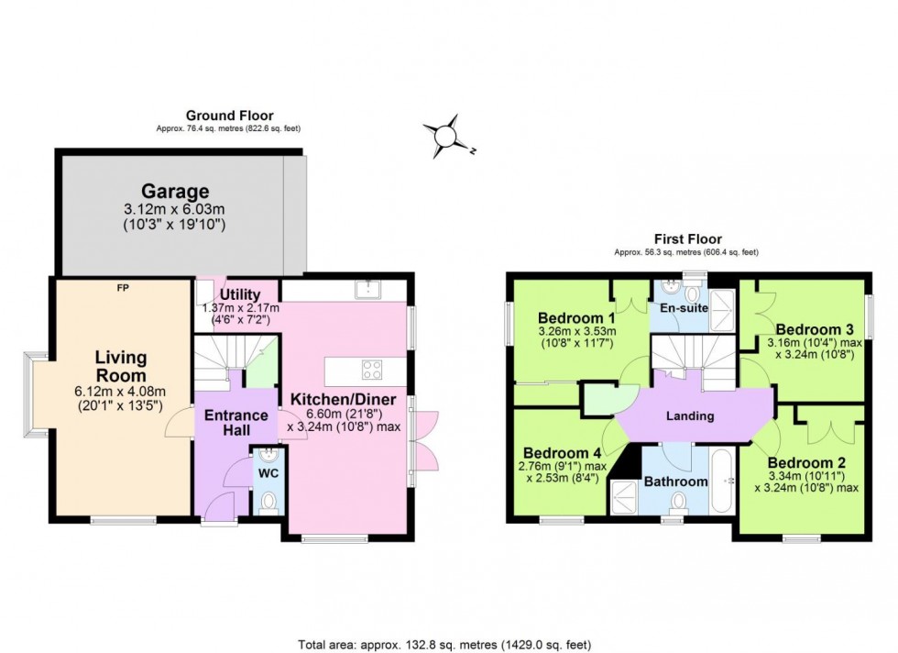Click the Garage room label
(174, 192)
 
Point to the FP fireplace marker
(122, 288)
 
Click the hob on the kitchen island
(372, 371)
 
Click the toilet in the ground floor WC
(268, 501)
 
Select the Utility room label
(240, 294)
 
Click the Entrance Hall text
(235, 423)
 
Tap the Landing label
(689, 415)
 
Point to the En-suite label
(684, 308)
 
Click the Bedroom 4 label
(562, 453)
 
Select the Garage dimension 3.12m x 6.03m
(174, 210)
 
